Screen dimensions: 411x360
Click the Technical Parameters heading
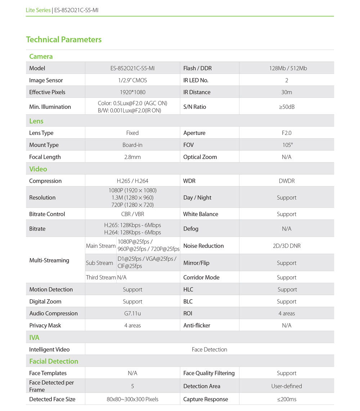pyautogui.click(x=64, y=40)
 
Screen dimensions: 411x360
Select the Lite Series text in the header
pyautogui.click(x=38, y=10)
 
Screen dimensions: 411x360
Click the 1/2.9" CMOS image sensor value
pyautogui.click(x=132, y=80)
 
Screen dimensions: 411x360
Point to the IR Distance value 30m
pyautogui.click(x=287, y=92)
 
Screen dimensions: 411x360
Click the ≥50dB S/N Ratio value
pyautogui.click(x=287, y=107)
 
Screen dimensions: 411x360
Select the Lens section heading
pyautogui.click(x=36, y=121)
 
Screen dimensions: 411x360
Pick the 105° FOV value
pyautogui.click(x=287, y=145)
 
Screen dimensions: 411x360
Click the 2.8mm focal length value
pyautogui.click(x=132, y=157)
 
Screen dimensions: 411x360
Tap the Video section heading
pyautogui.click(x=38, y=169)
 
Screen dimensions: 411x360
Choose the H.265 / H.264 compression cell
pyautogui.click(x=132, y=181)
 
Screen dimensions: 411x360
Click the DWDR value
pyautogui.click(x=287, y=181)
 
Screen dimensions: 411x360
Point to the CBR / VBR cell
pyautogui.click(x=132, y=214)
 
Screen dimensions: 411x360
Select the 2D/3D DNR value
pyautogui.click(x=287, y=246)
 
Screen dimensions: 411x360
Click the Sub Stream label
pyautogui.click(x=99, y=263)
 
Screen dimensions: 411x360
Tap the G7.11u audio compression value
pyautogui.click(x=132, y=313)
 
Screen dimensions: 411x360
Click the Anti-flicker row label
pyautogui.click(x=197, y=325)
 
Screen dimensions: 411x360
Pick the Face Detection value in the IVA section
pyautogui.click(x=210, y=349)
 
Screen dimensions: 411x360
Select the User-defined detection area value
pyautogui.click(x=287, y=386)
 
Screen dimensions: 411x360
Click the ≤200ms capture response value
pyautogui.click(x=287, y=399)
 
